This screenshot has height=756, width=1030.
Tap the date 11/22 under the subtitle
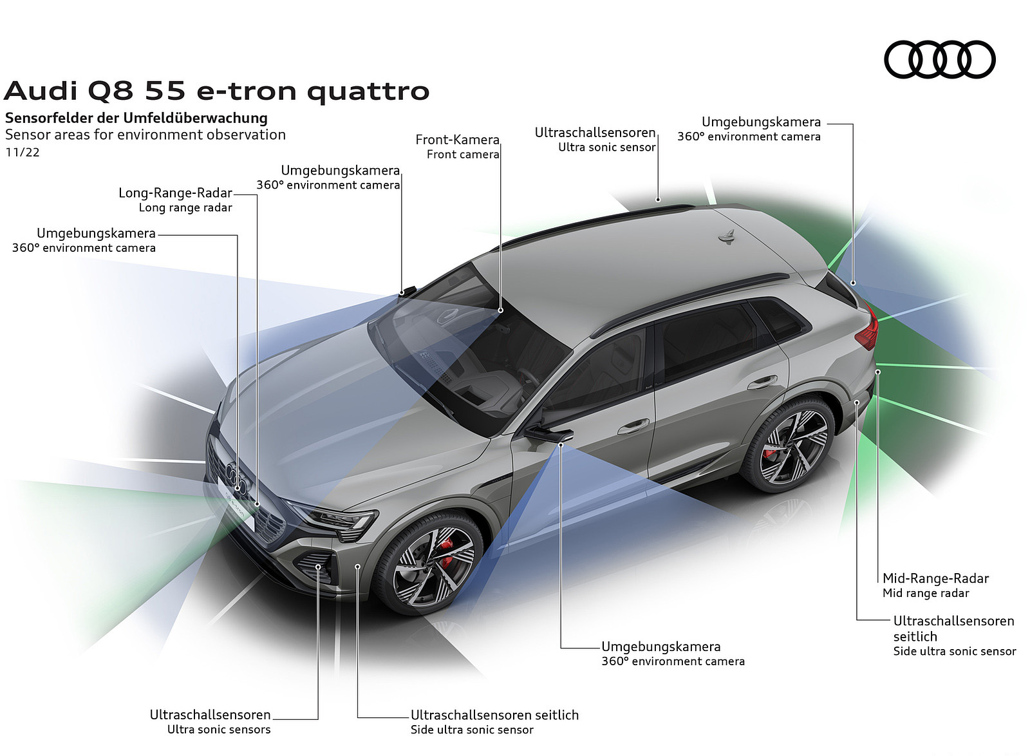[x=23, y=152]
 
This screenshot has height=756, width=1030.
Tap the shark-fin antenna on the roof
[x=727, y=236]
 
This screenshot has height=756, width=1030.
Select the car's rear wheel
[x=788, y=445]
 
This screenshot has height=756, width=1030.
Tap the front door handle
[x=633, y=426]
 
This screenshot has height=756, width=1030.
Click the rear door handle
[x=762, y=382]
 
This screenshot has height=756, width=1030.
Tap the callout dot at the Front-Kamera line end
[x=501, y=310]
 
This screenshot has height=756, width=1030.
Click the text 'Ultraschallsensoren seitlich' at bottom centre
[x=494, y=715]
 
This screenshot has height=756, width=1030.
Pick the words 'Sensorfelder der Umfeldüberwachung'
[x=136, y=118]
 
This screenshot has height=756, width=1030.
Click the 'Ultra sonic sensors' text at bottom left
[x=219, y=730]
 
